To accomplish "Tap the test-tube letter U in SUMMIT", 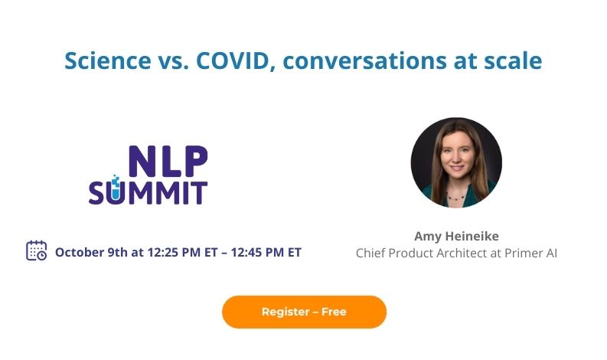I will coord(115,191).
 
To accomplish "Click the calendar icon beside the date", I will coord(37,250).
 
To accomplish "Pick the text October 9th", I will coord(90,252).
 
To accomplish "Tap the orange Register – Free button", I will coord(304,312).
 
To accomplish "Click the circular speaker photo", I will coord(456,162).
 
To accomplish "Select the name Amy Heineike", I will coord(456,235).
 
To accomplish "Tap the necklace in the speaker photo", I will coord(456,196).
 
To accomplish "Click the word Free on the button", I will coord(334,312).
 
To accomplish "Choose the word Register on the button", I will coord(285,312).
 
